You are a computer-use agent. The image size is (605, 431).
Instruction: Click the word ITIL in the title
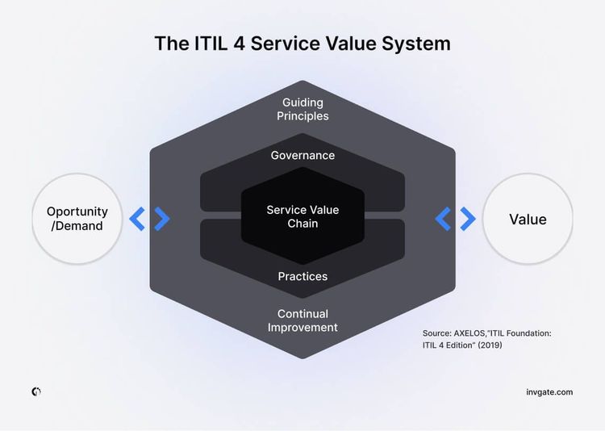pyautogui.click(x=209, y=43)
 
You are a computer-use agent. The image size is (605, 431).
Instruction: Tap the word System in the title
pyautogui.click(x=414, y=43)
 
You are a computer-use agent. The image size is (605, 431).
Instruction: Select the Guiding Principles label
pyautogui.click(x=302, y=109)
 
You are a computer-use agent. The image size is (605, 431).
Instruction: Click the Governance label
pyautogui.click(x=302, y=155)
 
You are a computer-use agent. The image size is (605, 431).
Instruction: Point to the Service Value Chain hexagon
pyautogui.click(x=302, y=216)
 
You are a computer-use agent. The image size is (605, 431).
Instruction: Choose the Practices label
pyautogui.click(x=302, y=276)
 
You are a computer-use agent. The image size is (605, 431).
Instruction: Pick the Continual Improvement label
pyautogui.click(x=302, y=320)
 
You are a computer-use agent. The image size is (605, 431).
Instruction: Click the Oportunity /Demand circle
pyautogui.click(x=77, y=219)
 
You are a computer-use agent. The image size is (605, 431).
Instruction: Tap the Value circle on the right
pyautogui.click(x=528, y=219)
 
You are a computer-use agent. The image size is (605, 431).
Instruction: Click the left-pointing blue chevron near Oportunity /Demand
pyautogui.click(x=137, y=219)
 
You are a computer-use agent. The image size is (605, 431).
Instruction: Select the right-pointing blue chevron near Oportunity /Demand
pyautogui.click(x=162, y=219)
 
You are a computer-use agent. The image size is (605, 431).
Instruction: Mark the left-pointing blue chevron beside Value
pyautogui.click(x=443, y=219)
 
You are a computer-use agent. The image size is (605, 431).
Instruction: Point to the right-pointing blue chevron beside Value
pyautogui.click(x=468, y=219)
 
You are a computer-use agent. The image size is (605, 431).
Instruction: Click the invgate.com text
pyautogui.click(x=549, y=392)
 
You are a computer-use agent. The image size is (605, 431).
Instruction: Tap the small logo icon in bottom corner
pyautogui.click(x=36, y=391)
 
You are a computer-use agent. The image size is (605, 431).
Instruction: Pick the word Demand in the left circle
pyautogui.click(x=79, y=226)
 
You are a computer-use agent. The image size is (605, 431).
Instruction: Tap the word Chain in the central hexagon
pyautogui.click(x=302, y=224)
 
